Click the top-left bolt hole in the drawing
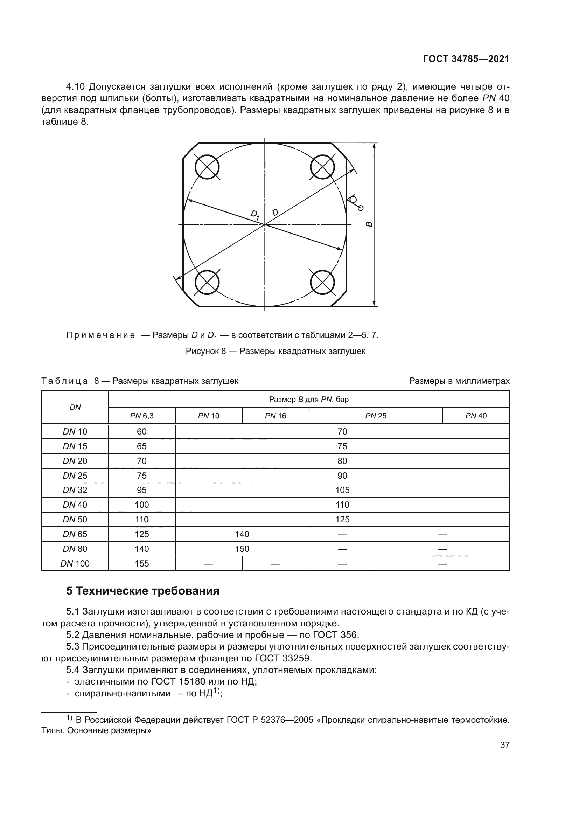point(207,167)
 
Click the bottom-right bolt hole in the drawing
point(322,282)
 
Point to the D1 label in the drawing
point(254,215)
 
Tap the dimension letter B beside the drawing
point(369,224)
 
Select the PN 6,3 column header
point(141,416)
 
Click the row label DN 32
point(75,490)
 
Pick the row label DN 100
point(75,564)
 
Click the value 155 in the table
point(141,564)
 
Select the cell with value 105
point(342,490)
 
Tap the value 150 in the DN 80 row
point(242,549)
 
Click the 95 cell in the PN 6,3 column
point(141,490)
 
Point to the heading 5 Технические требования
point(142,591)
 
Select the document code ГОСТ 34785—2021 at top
point(466,59)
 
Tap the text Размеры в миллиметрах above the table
point(459,381)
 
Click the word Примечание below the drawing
point(100,335)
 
